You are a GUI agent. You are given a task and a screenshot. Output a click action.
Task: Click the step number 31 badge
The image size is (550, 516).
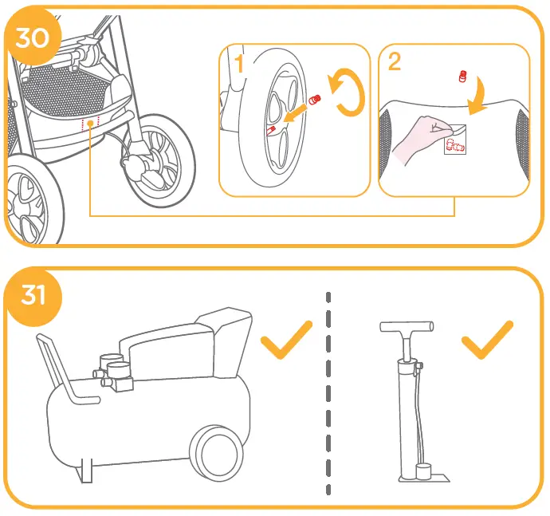pyautogui.click(x=33, y=296)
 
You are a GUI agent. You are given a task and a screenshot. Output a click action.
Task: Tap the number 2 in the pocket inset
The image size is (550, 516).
pyautogui.click(x=394, y=61)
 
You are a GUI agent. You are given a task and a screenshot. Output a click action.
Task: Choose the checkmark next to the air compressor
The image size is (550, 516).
pyautogui.click(x=286, y=341)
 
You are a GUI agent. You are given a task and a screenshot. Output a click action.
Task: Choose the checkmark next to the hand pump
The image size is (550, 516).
pyautogui.click(x=486, y=341)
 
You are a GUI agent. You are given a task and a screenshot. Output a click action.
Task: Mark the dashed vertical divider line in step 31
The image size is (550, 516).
pyautogui.click(x=328, y=391)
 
